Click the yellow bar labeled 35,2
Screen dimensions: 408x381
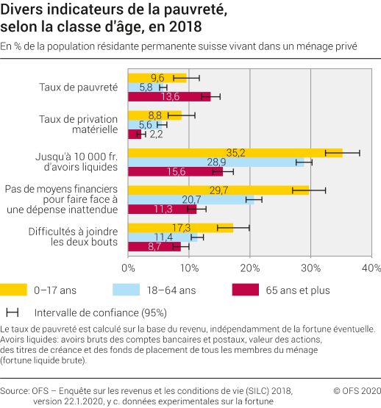point(235,153)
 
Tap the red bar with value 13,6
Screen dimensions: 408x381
point(169,96)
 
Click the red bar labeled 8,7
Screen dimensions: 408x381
point(154,246)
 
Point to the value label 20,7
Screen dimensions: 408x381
point(191,199)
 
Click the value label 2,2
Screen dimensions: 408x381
point(156,134)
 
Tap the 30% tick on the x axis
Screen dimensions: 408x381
point(310,266)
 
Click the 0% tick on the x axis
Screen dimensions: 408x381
point(128,266)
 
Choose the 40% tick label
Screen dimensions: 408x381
point(371,266)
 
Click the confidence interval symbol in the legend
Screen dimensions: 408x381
point(12,312)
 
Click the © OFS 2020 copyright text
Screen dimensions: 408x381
point(357,390)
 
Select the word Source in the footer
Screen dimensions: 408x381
point(15,390)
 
